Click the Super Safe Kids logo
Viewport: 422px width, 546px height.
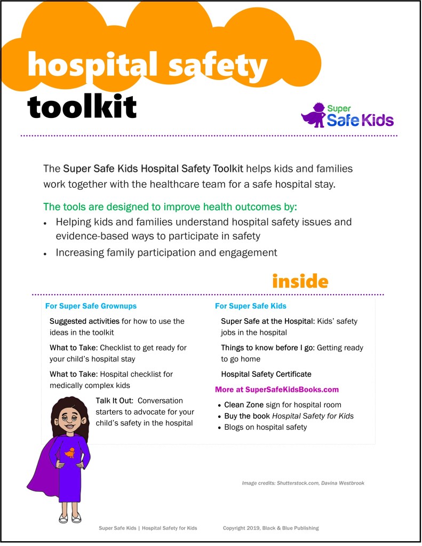[x=347, y=115]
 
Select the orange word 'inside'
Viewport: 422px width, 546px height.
[x=300, y=281]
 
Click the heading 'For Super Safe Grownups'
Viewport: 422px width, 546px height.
[x=91, y=306]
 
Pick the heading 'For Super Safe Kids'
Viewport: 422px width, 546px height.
[x=251, y=306]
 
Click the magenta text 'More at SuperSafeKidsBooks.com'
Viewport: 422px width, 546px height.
[x=277, y=389]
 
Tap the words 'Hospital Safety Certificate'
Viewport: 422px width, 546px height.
[x=266, y=374]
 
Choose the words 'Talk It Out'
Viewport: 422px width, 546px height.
[x=117, y=400]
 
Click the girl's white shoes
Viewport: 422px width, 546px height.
[x=69, y=518]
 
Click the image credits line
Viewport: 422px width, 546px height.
[x=303, y=483]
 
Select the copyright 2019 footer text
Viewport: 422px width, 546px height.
[x=270, y=528]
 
